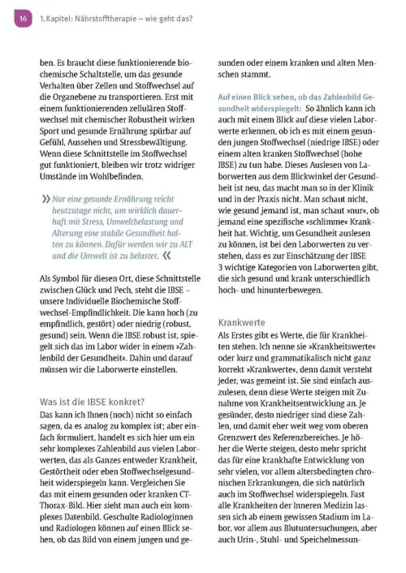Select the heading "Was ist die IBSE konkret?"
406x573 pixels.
[x=92, y=401]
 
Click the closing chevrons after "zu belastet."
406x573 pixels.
[x=166, y=254]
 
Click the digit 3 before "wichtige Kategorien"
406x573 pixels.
[x=222, y=267]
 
